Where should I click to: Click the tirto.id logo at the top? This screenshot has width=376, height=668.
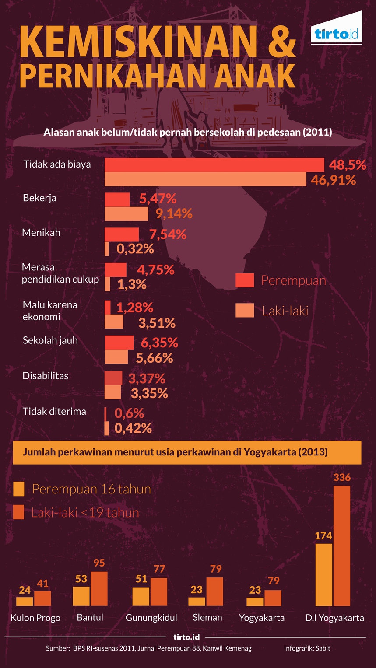click(337, 34)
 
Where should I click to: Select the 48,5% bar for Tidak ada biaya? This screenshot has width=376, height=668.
click(214, 165)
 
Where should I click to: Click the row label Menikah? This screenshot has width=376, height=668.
click(41, 232)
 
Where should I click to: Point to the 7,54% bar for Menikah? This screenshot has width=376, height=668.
click(122, 234)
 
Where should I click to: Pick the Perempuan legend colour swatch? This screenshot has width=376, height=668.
click(244, 280)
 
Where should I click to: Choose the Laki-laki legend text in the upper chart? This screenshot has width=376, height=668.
click(285, 311)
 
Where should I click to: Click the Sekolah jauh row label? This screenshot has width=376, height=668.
click(50, 340)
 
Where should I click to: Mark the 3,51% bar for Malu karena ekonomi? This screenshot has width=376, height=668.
click(114, 322)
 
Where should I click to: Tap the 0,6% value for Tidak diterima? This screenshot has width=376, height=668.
click(129, 413)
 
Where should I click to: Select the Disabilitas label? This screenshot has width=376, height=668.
click(45, 376)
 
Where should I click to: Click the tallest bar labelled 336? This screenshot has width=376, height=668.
click(342, 546)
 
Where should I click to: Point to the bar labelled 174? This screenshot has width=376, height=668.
click(323, 574)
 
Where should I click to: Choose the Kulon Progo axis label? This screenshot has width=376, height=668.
click(35, 618)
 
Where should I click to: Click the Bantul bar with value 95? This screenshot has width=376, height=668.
click(99, 588)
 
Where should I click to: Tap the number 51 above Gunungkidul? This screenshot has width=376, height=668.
click(141, 579)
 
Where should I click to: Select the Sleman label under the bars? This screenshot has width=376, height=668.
click(207, 617)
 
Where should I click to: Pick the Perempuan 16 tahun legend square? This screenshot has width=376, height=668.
click(19, 489)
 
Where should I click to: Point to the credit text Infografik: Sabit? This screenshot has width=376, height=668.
click(307, 648)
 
